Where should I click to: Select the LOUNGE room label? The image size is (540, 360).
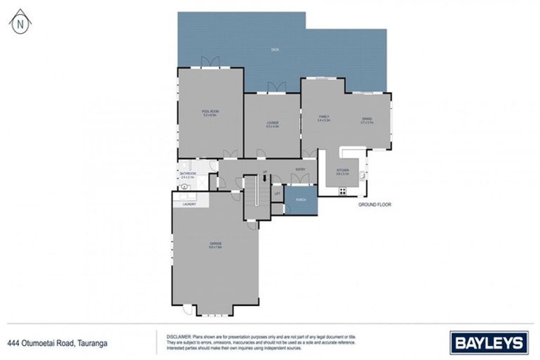tap(272, 124)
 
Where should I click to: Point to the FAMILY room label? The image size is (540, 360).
tap(323, 117)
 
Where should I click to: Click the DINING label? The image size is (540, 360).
tap(367, 119)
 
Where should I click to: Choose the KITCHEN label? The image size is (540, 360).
tap(342, 171)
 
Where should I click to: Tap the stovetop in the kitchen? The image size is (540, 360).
tap(343, 191)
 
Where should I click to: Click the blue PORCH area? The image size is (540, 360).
tap(301, 200)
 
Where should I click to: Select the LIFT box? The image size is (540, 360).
tap(277, 193)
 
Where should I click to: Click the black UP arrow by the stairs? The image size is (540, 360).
tap(264, 179)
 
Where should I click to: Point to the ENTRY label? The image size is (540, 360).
tap(300, 169)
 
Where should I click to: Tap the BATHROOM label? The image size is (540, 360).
tap(188, 174)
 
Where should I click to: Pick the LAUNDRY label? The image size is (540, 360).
tap(188, 205)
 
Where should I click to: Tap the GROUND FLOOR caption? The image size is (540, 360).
tap(374, 205)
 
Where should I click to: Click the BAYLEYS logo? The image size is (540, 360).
tap(489, 343)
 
